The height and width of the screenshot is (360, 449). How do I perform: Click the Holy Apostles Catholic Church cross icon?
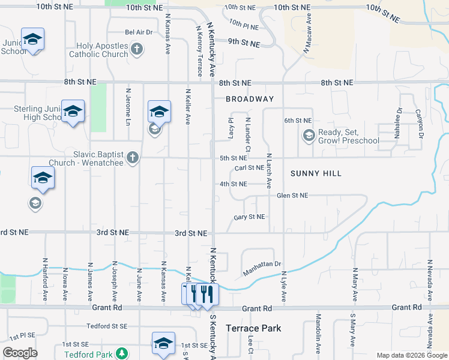coord(137,49)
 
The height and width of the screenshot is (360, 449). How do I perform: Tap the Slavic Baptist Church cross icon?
coord(133,158)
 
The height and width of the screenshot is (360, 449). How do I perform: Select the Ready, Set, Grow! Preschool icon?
coord(309,136)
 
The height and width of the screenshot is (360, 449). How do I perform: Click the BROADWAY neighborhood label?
coord(250,99)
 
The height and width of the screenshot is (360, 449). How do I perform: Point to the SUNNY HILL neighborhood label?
coord(316,173)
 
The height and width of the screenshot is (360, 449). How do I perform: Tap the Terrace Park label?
coord(253,328)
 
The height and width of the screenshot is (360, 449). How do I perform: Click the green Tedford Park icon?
coord(122,353)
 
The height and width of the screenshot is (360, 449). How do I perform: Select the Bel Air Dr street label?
coord(139,32)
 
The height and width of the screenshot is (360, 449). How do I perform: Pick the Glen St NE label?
coord(292,196)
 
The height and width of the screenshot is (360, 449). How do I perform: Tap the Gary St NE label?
coord(249,217)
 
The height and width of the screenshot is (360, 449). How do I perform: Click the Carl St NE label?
coord(249,169)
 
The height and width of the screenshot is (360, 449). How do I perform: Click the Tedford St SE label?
coord(107,326)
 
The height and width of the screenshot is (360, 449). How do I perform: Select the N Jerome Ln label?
coord(128,107)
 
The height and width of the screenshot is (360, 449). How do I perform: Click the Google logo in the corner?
coord(20,353)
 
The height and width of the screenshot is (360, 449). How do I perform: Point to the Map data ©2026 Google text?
coord(411,355)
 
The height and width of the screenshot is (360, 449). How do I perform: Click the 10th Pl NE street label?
coord(243,27)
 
